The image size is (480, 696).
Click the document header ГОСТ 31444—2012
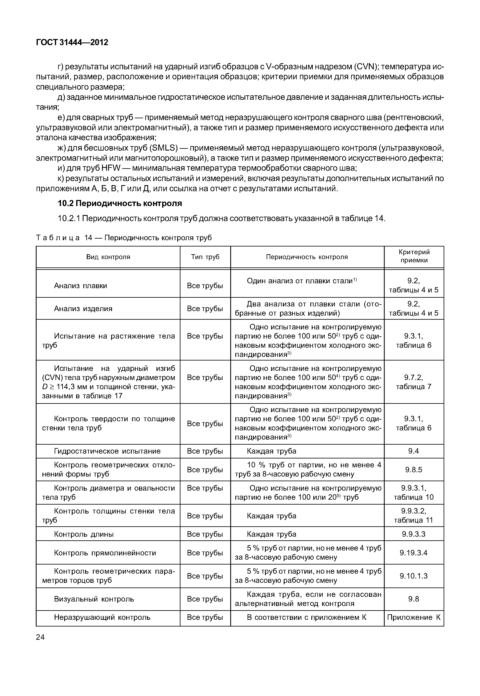click(x=72, y=42)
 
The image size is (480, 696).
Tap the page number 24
click(x=40, y=637)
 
